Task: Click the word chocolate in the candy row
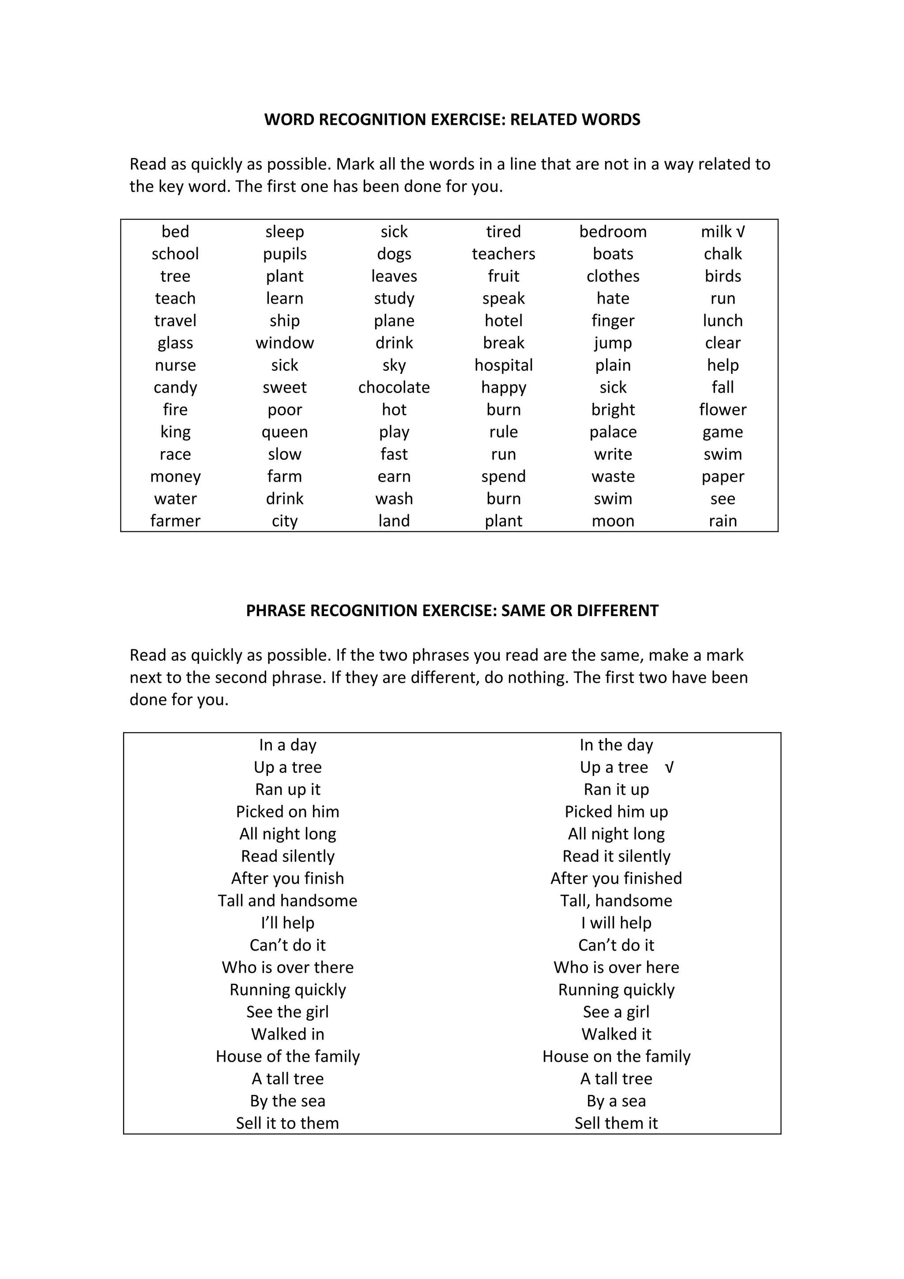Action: click(394, 387)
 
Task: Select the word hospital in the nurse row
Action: click(504, 365)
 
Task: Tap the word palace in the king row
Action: click(613, 432)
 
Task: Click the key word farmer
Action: click(175, 521)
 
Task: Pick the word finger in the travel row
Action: click(613, 320)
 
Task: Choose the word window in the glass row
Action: click(285, 342)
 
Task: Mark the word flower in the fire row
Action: click(723, 410)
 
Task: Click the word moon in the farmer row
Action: click(613, 521)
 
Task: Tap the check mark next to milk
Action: click(740, 232)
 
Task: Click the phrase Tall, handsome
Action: click(616, 901)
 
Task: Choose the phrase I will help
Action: click(616, 923)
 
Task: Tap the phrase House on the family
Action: click(616, 1057)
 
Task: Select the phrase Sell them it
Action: click(616, 1124)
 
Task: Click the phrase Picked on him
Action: click(287, 812)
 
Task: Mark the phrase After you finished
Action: click(616, 878)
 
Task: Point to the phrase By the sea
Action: click(287, 1101)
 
